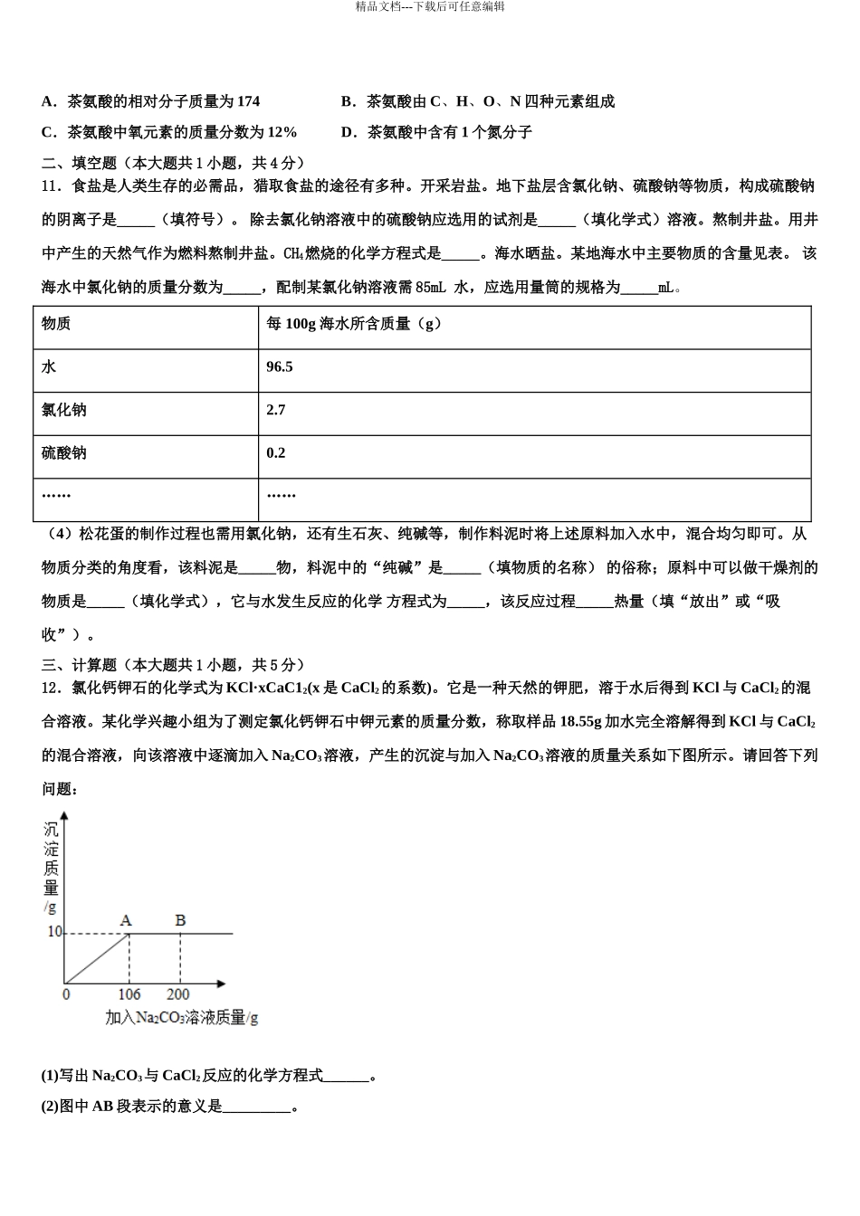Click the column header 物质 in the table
coord(56,324)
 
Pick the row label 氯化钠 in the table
coord(64,410)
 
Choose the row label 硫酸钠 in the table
coord(64,452)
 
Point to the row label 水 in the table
coord(49,367)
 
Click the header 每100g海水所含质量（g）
coord(354,324)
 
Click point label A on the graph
coord(126,920)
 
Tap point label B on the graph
coord(180,920)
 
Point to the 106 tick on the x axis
coord(129,993)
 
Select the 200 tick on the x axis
coord(178,993)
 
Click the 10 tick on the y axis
coord(53,932)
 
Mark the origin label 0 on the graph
coord(66,993)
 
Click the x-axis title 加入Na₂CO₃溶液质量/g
coord(181,1018)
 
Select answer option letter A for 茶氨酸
coord(48,101)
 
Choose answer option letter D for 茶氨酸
coord(348,132)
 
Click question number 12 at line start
coord(52,688)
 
